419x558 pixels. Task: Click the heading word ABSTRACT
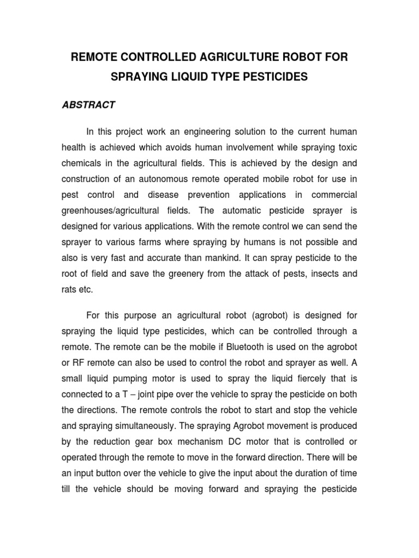88,105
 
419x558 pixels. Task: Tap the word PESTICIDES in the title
271,77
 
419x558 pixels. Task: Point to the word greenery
201,274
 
